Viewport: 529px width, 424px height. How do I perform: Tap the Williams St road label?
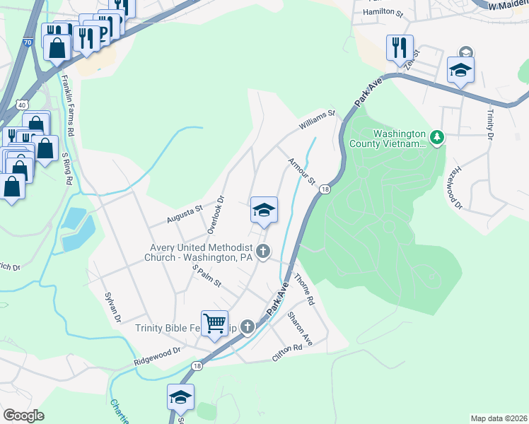[315, 119]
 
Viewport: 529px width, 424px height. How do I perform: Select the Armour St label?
[301, 172]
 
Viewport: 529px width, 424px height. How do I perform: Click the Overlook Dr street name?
[216, 215]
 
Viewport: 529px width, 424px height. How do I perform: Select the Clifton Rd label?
[291, 353]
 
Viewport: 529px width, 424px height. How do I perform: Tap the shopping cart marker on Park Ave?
[214, 324]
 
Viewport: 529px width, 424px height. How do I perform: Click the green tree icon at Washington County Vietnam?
[437, 136]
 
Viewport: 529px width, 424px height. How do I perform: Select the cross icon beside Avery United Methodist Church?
[263, 250]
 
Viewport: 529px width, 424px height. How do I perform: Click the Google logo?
[23, 415]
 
